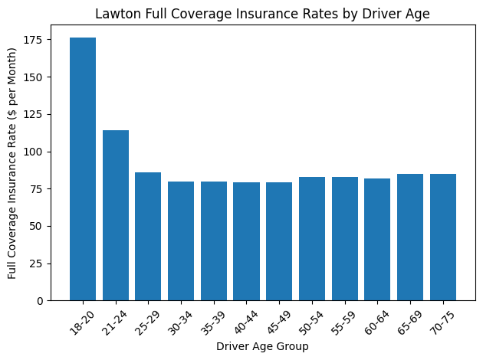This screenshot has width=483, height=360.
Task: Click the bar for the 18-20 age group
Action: [83, 169]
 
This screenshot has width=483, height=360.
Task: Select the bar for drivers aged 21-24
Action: [116, 215]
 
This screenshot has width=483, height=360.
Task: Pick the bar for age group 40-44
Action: [246, 241]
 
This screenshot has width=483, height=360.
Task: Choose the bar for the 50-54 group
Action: [312, 238]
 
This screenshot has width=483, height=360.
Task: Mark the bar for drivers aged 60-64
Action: [377, 239]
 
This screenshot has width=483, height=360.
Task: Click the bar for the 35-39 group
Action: [214, 241]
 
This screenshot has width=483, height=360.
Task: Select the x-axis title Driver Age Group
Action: [262, 347]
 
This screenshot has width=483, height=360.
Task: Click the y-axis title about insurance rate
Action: [13, 163]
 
